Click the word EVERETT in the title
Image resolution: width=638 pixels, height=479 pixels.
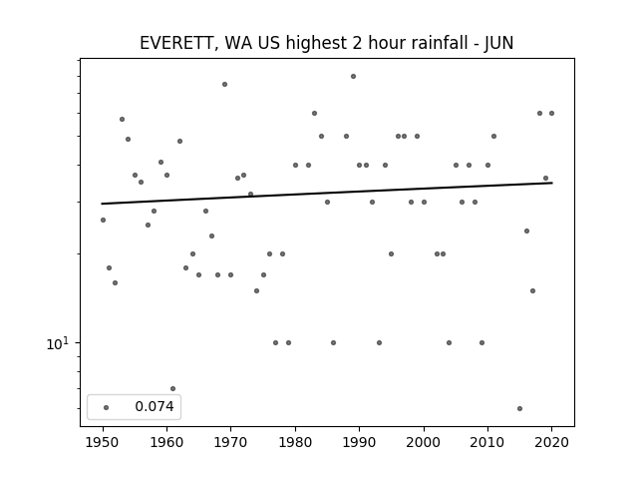coord(175,44)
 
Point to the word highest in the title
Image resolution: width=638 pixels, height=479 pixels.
coord(316,44)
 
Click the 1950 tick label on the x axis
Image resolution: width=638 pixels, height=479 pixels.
coord(103,442)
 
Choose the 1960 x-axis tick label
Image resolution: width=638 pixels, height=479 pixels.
coord(166,442)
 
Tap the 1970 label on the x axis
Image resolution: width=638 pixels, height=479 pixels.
coord(230,442)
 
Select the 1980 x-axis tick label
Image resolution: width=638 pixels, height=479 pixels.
coord(295,442)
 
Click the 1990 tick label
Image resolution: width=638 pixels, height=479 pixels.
coord(359,442)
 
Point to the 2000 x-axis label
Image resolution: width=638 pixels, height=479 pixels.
coord(424,442)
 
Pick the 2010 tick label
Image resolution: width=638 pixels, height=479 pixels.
coord(487,442)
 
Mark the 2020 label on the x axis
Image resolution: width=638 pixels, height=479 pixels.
coord(551,442)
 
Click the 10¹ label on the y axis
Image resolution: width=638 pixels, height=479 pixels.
coord(58,343)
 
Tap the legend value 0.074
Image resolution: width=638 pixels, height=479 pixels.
coord(155,406)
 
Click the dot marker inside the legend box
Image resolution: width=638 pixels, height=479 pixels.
coord(107,407)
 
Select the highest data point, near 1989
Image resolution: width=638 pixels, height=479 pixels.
coord(353,76)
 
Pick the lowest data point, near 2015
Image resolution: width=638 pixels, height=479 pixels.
coord(519,408)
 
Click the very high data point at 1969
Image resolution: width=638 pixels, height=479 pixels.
coord(224,84)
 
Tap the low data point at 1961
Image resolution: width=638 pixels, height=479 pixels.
coord(172,388)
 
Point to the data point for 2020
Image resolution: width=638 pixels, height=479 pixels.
coord(551,113)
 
